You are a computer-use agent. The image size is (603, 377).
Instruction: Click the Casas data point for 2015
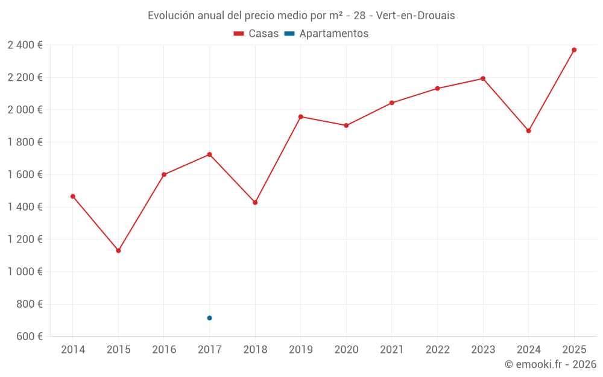coord(118,250)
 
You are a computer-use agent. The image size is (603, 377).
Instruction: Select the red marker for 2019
coord(301,116)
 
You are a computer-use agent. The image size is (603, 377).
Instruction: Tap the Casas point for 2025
coord(574,50)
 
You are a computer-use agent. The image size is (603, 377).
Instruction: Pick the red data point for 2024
coord(529,131)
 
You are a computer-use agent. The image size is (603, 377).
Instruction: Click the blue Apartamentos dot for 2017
coord(209,318)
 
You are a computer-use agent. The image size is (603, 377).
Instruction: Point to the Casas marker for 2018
coord(255,203)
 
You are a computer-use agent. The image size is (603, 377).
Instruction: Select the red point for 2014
coord(73,196)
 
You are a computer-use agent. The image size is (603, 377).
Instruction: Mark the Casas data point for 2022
coord(438,89)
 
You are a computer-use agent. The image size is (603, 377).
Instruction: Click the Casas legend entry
coord(256,34)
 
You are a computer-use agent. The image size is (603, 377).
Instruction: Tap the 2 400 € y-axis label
coord(25,45)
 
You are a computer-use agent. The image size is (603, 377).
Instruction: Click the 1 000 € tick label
coord(25,271)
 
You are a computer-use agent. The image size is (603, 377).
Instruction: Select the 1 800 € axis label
coord(25,142)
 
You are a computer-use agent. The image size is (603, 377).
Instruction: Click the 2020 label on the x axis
coord(346,350)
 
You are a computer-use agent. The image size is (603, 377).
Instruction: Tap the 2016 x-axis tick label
coord(164,350)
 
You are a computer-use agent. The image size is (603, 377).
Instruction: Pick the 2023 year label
coord(483,350)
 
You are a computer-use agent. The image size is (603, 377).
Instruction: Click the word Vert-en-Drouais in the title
coord(415,16)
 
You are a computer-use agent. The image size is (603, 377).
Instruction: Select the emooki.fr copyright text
coord(551,364)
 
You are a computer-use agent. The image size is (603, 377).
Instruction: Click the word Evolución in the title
coord(171,16)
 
